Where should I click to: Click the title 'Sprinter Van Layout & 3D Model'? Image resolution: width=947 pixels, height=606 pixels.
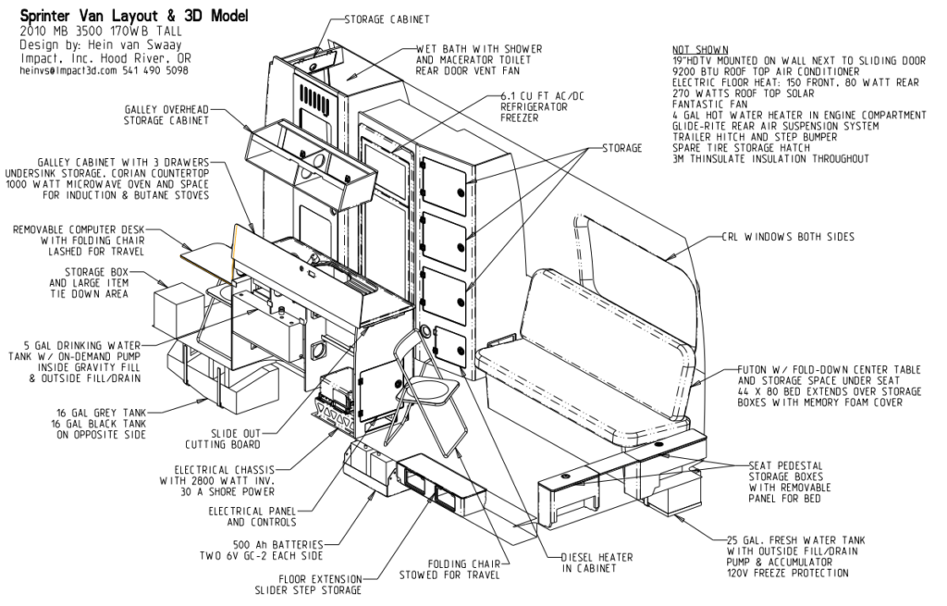tap(134, 15)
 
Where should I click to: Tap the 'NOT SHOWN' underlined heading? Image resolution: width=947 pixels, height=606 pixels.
tap(700, 50)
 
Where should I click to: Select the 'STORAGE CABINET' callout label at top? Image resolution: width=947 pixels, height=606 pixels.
tap(387, 19)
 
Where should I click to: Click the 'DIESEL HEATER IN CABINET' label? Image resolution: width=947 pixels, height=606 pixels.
tap(596, 563)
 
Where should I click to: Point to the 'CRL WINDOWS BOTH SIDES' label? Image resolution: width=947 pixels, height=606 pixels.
tap(788, 237)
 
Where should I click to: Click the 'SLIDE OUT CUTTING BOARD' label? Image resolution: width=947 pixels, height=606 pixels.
tap(223, 439)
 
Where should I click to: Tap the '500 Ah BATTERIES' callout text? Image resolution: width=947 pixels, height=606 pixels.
tap(277, 545)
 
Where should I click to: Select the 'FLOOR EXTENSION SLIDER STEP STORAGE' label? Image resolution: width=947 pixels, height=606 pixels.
tap(308, 584)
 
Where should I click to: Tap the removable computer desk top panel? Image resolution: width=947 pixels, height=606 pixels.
tap(206, 261)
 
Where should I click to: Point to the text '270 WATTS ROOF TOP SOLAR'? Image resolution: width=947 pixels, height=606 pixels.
tap(744, 93)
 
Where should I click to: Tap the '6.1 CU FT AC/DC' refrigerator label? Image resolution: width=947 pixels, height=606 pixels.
tap(542, 96)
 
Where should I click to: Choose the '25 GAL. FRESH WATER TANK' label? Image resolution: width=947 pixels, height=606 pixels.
tap(795, 540)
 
